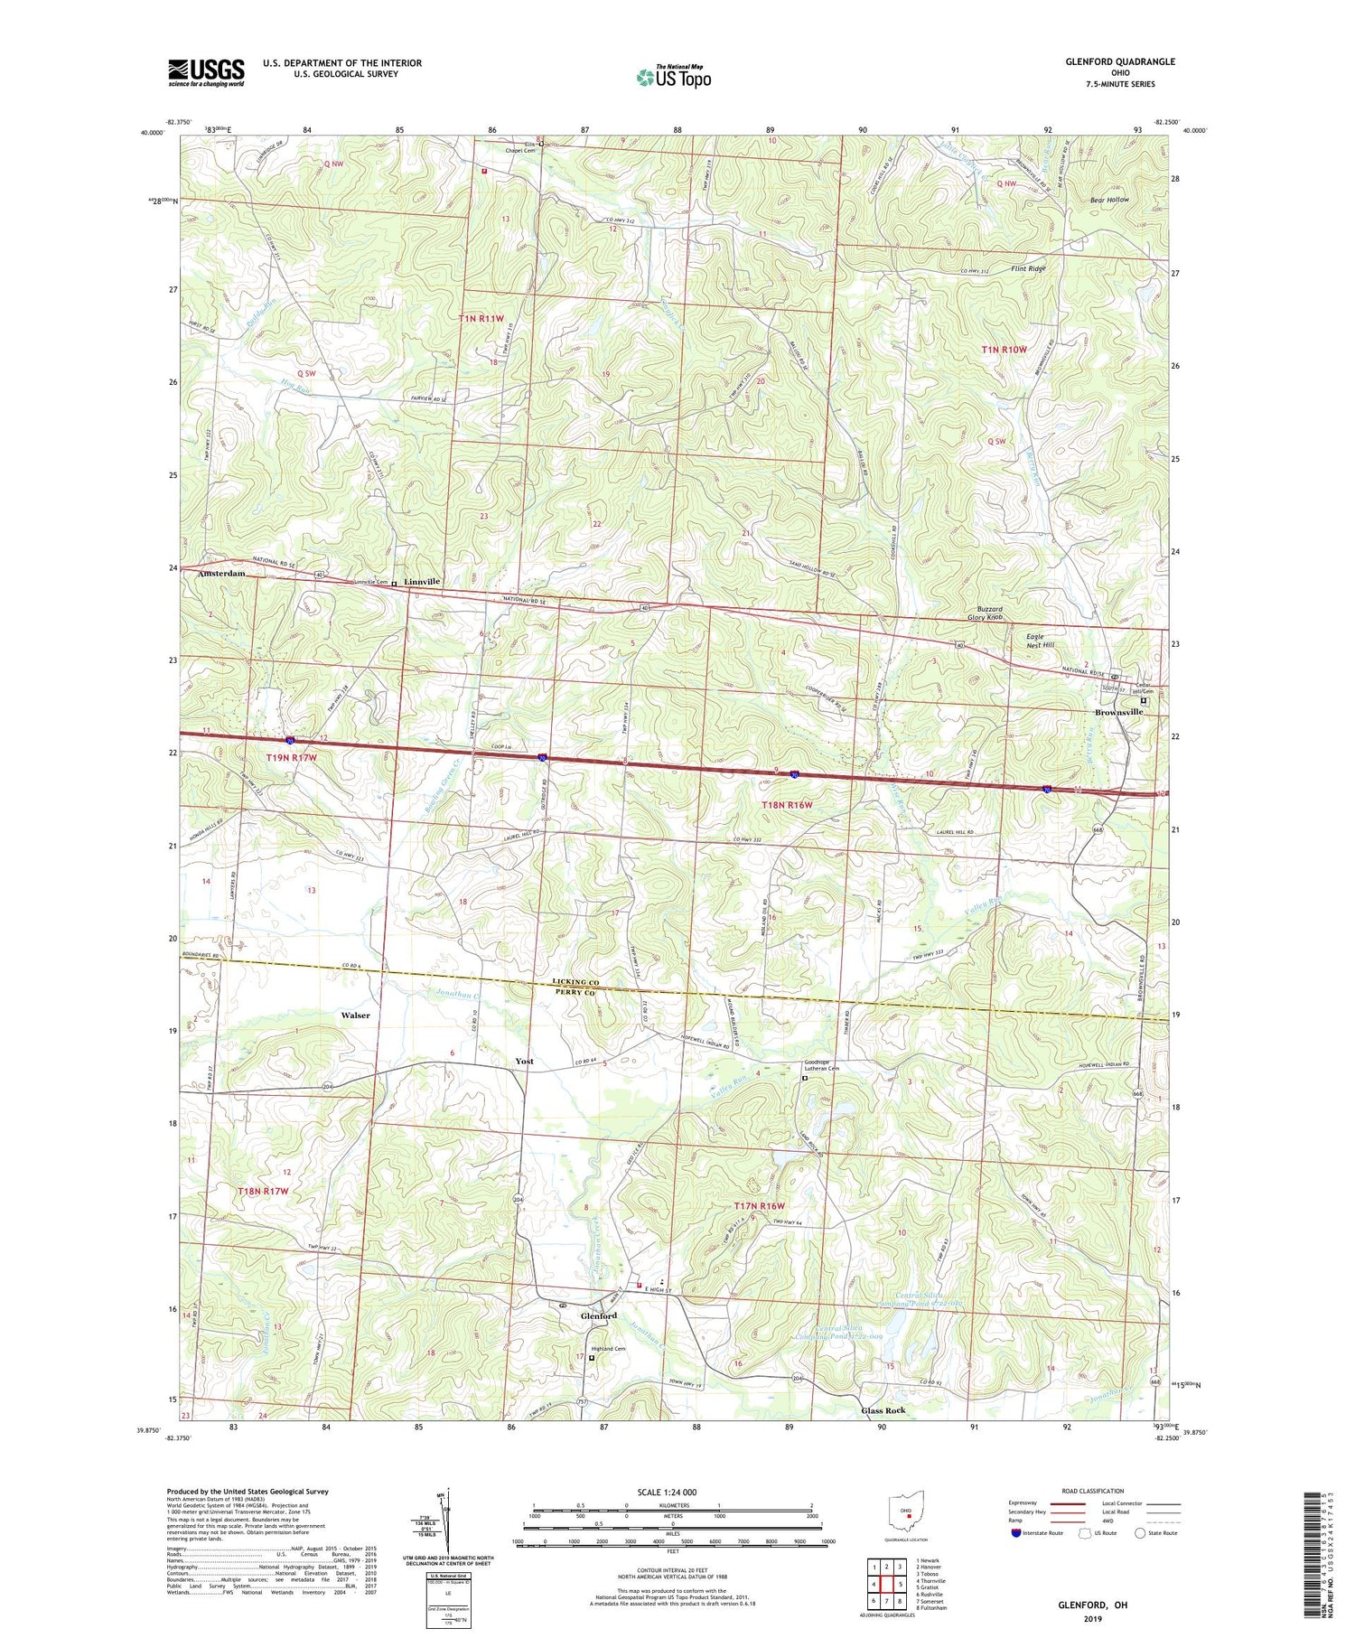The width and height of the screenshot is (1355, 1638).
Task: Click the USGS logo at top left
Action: click(x=206, y=72)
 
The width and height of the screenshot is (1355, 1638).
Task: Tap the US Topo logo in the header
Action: click(x=673, y=78)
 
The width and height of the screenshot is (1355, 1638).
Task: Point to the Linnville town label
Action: click(x=422, y=582)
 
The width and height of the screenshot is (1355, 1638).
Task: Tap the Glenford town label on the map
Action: click(x=598, y=1316)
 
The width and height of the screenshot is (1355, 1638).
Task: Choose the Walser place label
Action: click(x=355, y=1016)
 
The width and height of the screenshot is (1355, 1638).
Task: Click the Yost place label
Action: click(x=524, y=1062)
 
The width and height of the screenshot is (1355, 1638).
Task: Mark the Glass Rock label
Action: click(x=883, y=1410)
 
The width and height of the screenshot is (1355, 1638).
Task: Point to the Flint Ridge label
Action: click(x=1028, y=269)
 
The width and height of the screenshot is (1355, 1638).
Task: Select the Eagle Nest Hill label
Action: click(x=1040, y=641)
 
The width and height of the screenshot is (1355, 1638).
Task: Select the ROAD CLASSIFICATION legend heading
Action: click(x=1093, y=1491)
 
